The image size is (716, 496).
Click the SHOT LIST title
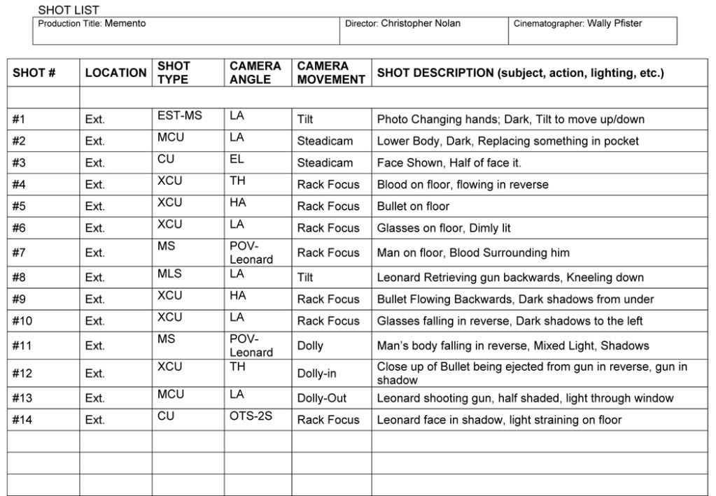(x=69, y=10)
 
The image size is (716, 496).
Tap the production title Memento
(x=125, y=24)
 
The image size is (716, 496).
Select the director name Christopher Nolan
(x=421, y=24)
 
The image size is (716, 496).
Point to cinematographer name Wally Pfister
(x=614, y=24)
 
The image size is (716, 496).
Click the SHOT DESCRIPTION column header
(x=520, y=73)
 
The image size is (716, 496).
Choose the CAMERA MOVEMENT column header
(x=331, y=73)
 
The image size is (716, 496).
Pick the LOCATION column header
(x=115, y=73)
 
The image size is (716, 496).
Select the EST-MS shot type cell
(x=179, y=115)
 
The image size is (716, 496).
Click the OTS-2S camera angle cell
(x=251, y=416)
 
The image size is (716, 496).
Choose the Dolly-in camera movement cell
(x=316, y=374)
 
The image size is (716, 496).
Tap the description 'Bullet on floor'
(x=413, y=206)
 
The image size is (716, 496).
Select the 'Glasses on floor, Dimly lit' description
(x=444, y=228)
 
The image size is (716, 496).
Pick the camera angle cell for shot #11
(x=251, y=346)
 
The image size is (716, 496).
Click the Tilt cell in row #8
(x=305, y=278)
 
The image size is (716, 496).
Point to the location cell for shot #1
(x=95, y=120)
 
